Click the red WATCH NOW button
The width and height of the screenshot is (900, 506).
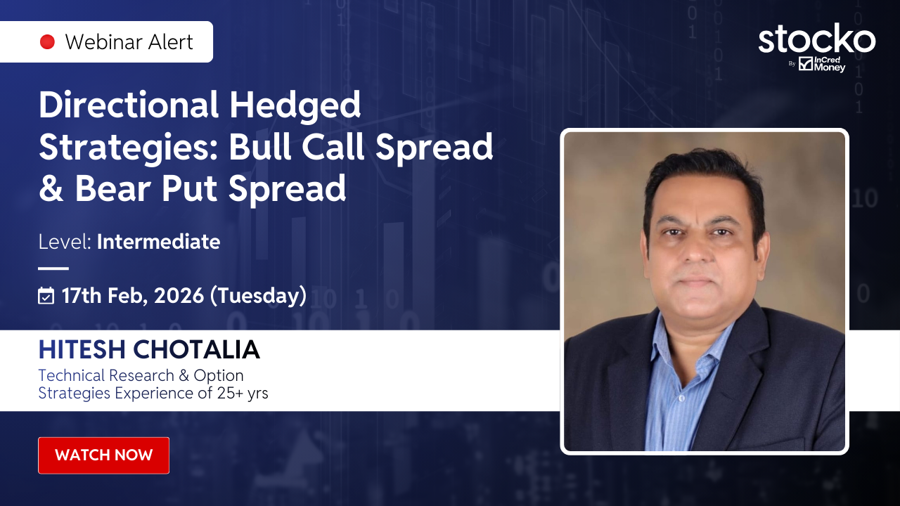pos(103,455)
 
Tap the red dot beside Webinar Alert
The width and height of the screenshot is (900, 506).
pos(47,41)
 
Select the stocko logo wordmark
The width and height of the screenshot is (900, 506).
pos(817,39)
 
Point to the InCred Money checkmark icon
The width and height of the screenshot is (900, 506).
pos(806,63)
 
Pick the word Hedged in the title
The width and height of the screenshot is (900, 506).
pos(295,105)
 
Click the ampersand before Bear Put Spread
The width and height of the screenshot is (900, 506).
pos(51,188)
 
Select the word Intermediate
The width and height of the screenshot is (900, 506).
pos(158,242)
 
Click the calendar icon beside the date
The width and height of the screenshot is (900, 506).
pos(46,296)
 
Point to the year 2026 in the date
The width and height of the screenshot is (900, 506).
pos(179,296)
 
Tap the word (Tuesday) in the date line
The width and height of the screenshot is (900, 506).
pos(258,296)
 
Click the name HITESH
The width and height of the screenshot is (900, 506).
pos(82,349)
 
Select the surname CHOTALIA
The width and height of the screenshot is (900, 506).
pos(196,349)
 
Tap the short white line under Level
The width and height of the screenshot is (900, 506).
pos(53,268)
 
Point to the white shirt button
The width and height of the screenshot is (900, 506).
pos(681,398)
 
